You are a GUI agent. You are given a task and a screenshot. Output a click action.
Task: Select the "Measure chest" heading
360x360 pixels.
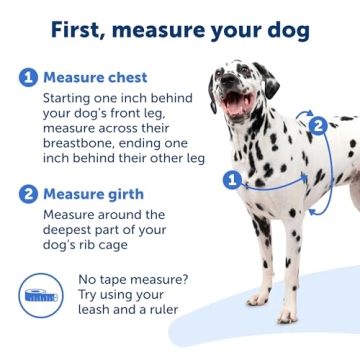(95, 77)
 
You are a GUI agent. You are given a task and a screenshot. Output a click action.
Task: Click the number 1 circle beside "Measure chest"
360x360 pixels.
(27, 77)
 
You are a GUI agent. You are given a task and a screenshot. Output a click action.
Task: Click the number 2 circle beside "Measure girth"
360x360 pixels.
(27, 194)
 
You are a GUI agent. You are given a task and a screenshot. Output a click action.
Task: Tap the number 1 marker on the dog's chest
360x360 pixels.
(231, 180)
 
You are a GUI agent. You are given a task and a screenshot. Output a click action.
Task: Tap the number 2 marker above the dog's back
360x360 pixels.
(317, 125)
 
